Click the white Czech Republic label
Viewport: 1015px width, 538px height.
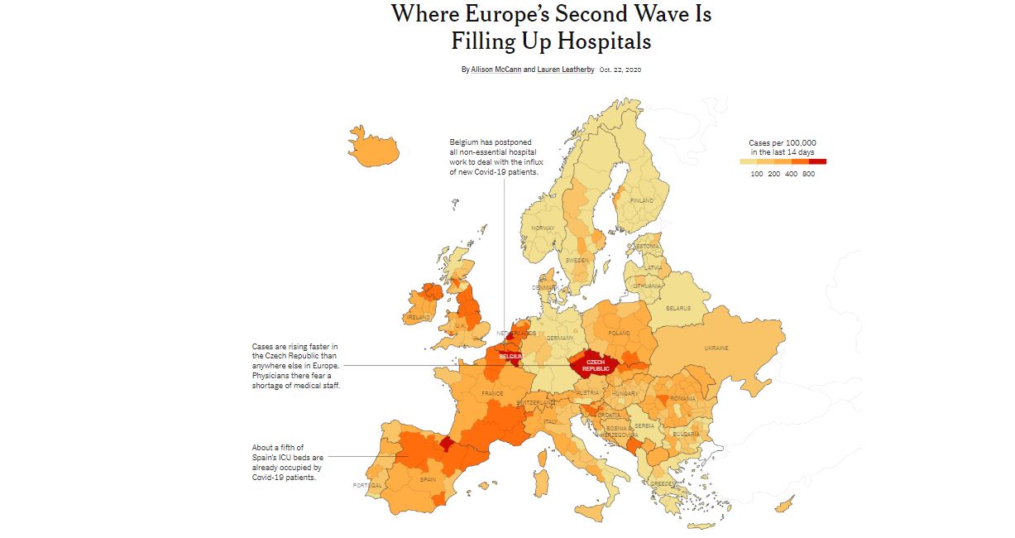[595, 365]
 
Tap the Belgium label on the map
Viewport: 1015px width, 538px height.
[510, 356]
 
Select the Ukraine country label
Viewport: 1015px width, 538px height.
[716, 348]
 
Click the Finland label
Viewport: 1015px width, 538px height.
[642, 200]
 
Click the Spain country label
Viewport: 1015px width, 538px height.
[428, 479]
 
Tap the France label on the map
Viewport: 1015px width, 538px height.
[492, 393]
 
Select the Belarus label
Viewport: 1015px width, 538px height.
[678, 308]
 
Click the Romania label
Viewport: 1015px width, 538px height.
[683, 399]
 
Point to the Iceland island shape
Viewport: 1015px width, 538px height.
[374, 149]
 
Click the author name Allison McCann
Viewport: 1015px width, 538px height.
[496, 70]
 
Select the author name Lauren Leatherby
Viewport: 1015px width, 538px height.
[566, 70]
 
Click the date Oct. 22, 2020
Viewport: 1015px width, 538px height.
[620, 70]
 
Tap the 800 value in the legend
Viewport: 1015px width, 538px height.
[808, 174]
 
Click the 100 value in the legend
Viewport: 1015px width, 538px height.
[757, 174]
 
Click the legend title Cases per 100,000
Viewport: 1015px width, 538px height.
[783, 142]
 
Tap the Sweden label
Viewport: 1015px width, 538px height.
[577, 260]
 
